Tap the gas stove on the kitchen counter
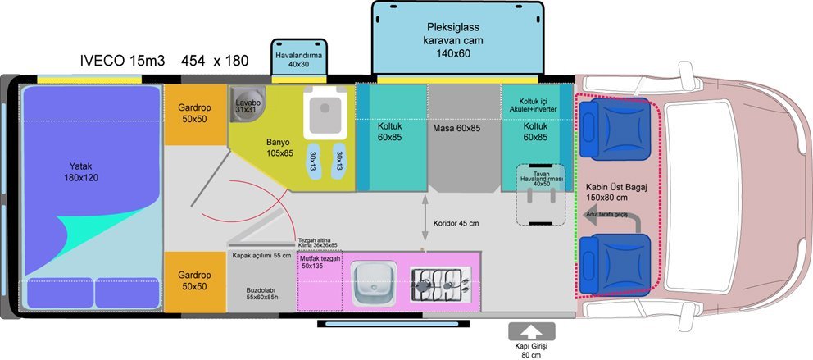441,283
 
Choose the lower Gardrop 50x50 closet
195,280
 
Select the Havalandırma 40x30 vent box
298,59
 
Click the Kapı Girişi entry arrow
531,332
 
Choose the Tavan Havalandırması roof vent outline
540,195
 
